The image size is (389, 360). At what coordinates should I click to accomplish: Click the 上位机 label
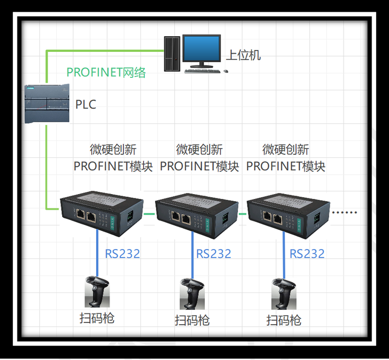click(243, 55)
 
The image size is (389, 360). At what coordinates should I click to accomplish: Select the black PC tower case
click(172, 52)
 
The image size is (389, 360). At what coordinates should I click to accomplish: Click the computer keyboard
click(203, 70)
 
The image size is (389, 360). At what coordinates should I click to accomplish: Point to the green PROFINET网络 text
click(106, 72)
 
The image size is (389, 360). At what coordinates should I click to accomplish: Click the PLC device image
click(47, 103)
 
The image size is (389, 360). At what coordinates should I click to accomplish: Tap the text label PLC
click(86, 104)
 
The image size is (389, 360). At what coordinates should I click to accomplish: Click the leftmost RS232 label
click(122, 254)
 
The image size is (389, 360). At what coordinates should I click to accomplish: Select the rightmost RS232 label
click(307, 254)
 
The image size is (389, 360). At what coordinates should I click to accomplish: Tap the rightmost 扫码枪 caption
click(284, 320)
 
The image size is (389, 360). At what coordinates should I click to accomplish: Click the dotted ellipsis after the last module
click(345, 212)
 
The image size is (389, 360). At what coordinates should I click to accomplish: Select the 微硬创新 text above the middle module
click(199, 149)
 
